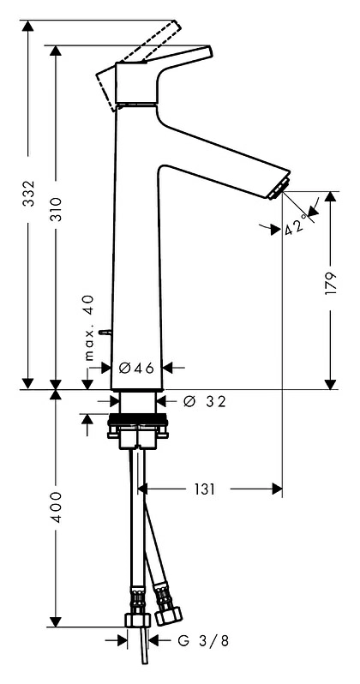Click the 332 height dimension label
29,193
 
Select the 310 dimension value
57,210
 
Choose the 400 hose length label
57,507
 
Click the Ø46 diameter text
136,369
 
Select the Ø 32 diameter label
205,401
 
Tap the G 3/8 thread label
203,641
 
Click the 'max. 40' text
88,328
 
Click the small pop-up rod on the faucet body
105,333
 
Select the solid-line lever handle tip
208,51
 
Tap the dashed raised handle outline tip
175,25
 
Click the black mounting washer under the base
137,421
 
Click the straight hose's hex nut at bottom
137,620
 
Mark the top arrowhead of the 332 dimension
28,26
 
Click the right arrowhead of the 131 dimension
277,489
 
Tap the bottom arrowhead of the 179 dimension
331,384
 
